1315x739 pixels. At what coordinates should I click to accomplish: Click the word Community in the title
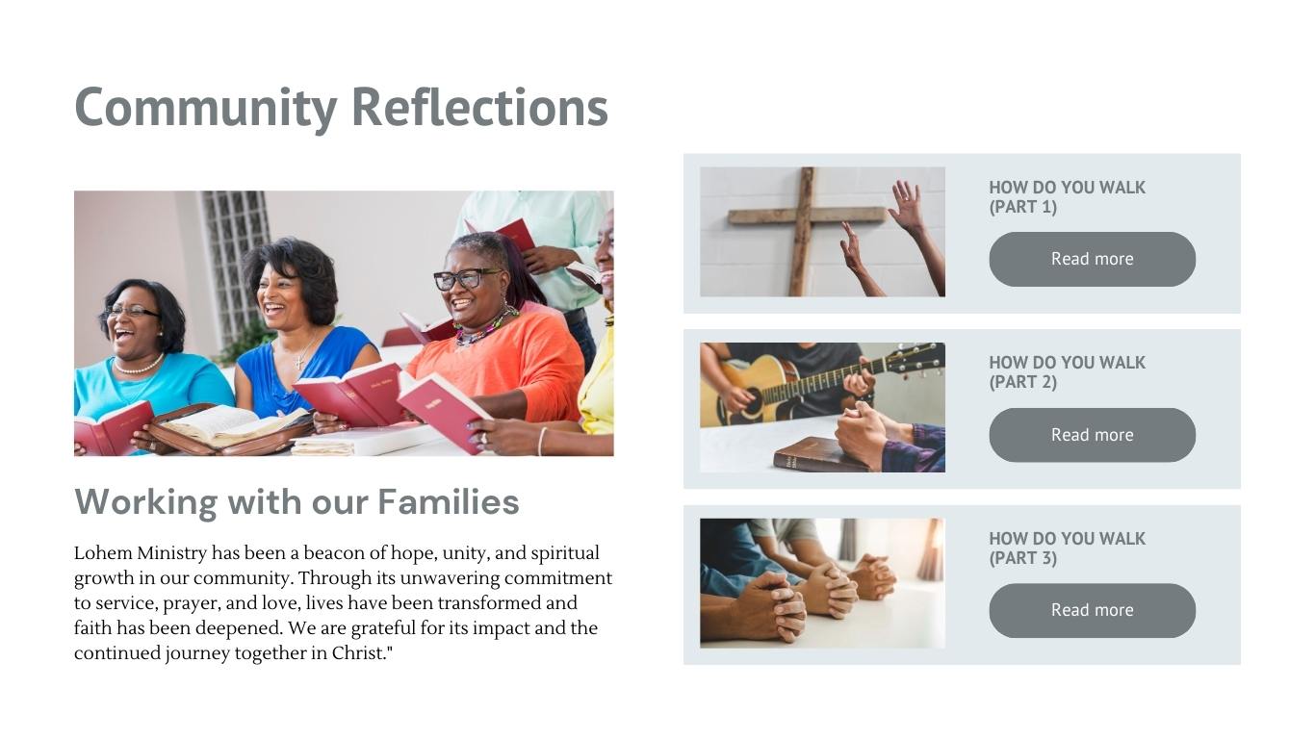(206, 108)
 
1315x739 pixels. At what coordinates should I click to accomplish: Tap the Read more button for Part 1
(1092, 259)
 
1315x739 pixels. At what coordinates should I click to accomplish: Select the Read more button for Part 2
(1092, 435)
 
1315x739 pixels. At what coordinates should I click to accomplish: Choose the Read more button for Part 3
(1092, 610)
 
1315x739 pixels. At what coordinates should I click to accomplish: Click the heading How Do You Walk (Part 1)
(1067, 197)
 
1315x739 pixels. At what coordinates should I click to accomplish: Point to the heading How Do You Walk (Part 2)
(1067, 372)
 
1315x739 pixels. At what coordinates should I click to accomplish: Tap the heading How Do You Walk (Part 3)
(1067, 548)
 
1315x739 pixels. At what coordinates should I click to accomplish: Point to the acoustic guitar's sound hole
(752, 398)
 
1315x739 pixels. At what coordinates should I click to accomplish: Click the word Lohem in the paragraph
(103, 553)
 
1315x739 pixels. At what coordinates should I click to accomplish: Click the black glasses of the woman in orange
(466, 279)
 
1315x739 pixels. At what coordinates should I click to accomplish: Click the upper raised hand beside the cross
(909, 207)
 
